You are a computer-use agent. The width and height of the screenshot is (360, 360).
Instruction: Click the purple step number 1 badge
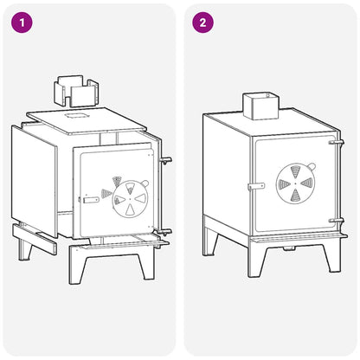(x=22, y=22)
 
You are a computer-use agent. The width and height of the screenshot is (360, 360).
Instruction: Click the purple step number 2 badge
(x=203, y=22)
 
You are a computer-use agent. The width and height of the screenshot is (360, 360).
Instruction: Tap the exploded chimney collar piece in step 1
(x=76, y=91)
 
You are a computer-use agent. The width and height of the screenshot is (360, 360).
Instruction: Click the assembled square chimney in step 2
(x=261, y=106)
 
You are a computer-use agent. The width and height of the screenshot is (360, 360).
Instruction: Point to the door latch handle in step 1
(x=91, y=200)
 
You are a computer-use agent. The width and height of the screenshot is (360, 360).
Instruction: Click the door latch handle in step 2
(x=256, y=186)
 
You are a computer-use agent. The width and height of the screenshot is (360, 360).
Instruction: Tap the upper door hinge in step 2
(x=337, y=142)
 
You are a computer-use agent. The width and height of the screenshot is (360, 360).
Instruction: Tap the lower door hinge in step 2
(x=337, y=221)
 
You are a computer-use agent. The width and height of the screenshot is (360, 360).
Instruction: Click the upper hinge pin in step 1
(x=166, y=160)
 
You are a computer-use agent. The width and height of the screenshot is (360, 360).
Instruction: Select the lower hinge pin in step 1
(x=165, y=232)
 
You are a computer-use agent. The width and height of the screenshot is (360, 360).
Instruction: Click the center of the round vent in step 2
(x=296, y=183)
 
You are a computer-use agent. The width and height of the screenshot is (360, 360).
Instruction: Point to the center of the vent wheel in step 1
(x=130, y=199)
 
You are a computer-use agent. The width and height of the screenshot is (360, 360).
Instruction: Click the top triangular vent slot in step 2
(x=296, y=172)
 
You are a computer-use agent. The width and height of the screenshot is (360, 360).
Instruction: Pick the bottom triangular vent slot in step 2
(x=295, y=195)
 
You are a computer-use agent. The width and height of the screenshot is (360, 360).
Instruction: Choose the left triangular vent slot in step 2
(x=285, y=183)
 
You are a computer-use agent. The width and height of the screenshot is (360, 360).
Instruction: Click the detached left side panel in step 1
(x=34, y=182)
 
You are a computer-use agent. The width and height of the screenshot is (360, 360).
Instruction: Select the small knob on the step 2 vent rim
(x=312, y=166)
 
